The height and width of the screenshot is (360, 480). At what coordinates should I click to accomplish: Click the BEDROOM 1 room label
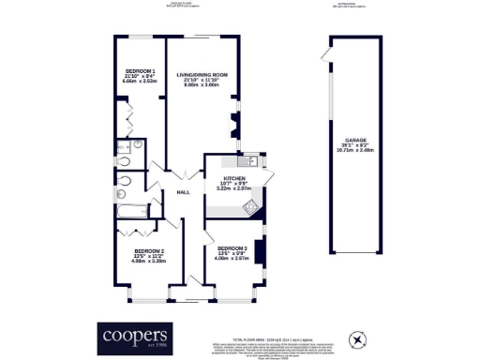[x=141, y=71]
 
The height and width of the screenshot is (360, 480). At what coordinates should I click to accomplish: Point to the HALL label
[x=183, y=192]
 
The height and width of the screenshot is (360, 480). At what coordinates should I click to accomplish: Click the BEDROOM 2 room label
[x=149, y=251]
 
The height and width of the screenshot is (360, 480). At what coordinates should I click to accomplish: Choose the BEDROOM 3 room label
[x=231, y=247]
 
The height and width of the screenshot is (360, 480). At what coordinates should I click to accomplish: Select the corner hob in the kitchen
[x=251, y=207]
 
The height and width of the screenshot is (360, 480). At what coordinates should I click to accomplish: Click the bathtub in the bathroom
[x=134, y=199]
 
